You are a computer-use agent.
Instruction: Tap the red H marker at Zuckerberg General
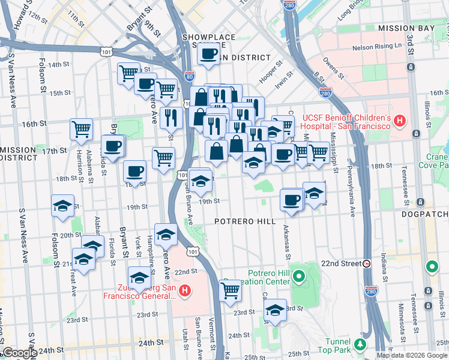click(x=185, y=292)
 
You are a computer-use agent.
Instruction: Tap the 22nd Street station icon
click(x=366, y=263)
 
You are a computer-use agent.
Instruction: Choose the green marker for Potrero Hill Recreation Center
click(x=299, y=277)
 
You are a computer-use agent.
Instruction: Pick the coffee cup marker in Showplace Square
click(x=209, y=55)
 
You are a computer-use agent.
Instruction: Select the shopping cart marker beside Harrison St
click(x=81, y=128)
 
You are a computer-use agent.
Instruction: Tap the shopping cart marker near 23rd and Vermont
click(x=230, y=290)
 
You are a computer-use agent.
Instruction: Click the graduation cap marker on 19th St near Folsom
click(x=62, y=206)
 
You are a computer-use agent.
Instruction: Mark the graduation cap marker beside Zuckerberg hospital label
click(x=140, y=278)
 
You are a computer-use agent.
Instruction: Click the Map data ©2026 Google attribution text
click(x=412, y=355)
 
